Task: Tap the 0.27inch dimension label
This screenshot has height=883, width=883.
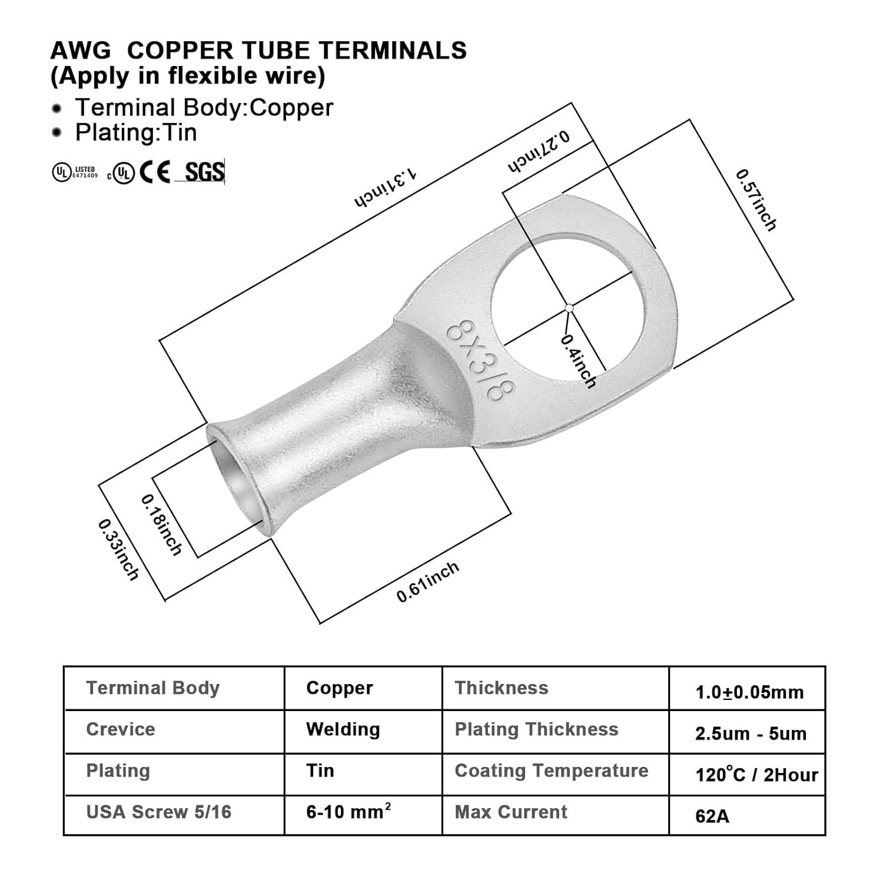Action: click(x=539, y=153)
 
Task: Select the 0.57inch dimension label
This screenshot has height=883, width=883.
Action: click(x=756, y=200)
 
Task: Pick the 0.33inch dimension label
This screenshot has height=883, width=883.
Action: click(x=118, y=549)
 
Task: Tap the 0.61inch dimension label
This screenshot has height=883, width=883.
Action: click(x=427, y=582)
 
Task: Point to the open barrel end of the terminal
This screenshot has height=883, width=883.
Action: click(x=235, y=477)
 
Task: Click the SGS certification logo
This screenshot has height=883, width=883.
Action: click(x=204, y=172)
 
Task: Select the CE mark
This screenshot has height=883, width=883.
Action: click(x=155, y=172)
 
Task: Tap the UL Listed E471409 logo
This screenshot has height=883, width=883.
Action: click(x=75, y=172)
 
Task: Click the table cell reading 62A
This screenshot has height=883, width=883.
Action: click(x=712, y=816)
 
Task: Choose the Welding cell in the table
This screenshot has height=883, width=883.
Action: click(x=343, y=729)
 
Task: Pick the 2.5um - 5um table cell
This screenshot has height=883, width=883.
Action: click(x=751, y=733)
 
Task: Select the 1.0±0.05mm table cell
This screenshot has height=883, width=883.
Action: click(x=749, y=692)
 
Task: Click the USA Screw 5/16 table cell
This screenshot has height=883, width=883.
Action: click(x=159, y=812)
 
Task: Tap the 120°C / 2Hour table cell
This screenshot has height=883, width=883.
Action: click(x=756, y=775)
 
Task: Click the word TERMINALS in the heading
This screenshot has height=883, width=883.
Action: click(x=393, y=51)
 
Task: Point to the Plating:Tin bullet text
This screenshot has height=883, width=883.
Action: click(x=136, y=132)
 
